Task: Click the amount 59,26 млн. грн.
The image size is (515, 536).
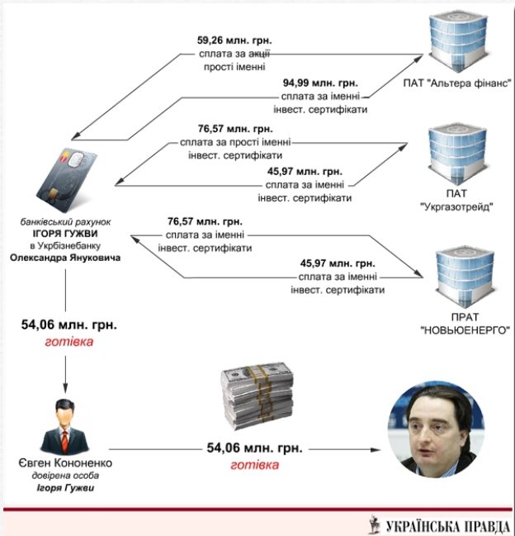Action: (234, 38)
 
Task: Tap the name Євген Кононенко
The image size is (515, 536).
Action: (64, 462)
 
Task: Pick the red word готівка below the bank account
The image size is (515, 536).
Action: (69, 340)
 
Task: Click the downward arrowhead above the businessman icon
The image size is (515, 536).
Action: (66, 384)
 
